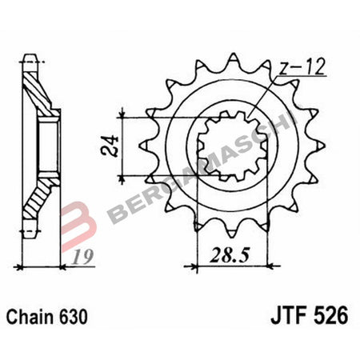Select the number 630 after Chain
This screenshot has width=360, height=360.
(82, 315)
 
